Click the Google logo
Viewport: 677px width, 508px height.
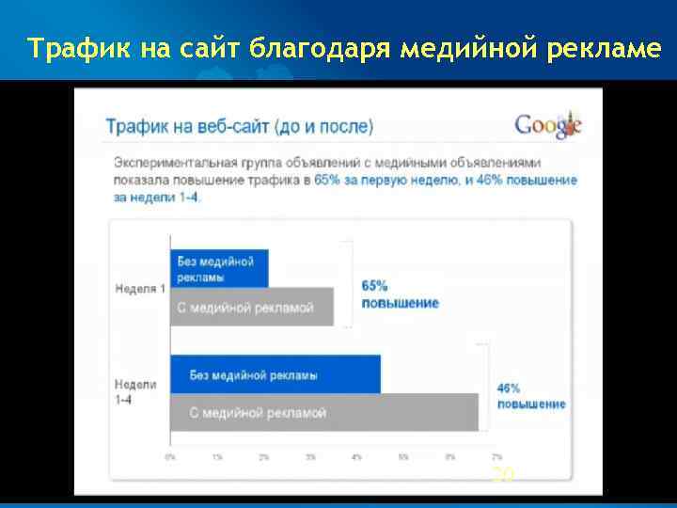pos(548,125)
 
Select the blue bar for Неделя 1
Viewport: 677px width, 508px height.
pos(219,268)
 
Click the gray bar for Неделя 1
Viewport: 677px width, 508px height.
pos(251,308)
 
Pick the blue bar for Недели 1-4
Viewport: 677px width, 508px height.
pos(276,374)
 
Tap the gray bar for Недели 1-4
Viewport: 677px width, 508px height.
pos(323,412)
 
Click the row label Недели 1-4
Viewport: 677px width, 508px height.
pos(135,392)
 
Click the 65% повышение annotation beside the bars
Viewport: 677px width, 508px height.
pos(400,294)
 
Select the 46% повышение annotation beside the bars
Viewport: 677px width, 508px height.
pos(531,396)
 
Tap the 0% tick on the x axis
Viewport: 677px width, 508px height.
pos(170,456)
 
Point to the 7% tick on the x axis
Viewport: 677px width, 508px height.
pos(496,456)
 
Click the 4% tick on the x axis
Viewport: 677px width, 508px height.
pos(356,456)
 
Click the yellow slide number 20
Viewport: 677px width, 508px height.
pos(504,475)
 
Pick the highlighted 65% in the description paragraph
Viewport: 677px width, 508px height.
pos(328,179)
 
